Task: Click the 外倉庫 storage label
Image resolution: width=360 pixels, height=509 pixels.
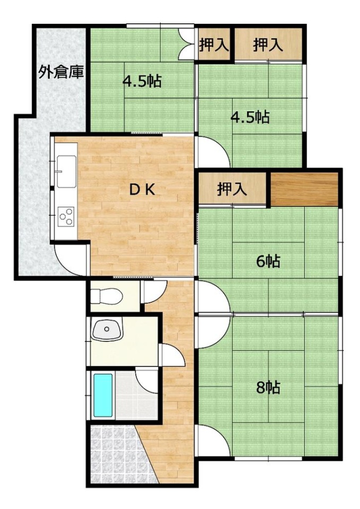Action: (x=61, y=72)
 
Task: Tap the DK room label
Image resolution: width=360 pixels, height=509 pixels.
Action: (x=142, y=190)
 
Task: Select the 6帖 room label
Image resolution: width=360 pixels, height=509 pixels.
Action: (x=268, y=261)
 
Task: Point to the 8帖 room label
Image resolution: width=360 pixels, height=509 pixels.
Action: (x=268, y=387)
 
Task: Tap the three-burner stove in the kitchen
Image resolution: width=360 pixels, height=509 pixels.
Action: (x=66, y=216)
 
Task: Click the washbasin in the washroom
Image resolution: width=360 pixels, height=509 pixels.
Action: (x=107, y=329)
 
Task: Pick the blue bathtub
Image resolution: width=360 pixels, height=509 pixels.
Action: (x=103, y=396)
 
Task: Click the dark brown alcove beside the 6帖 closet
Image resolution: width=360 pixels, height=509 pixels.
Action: (x=304, y=190)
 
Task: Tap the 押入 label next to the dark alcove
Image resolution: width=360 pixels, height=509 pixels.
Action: (x=232, y=189)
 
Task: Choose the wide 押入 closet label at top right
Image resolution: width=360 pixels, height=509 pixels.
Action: (x=268, y=45)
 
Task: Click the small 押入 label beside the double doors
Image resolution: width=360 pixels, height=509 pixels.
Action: (x=214, y=45)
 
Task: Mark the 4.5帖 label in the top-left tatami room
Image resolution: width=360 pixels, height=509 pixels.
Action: (x=142, y=81)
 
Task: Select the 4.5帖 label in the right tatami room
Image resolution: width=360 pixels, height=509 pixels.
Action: (x=250, y=117)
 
